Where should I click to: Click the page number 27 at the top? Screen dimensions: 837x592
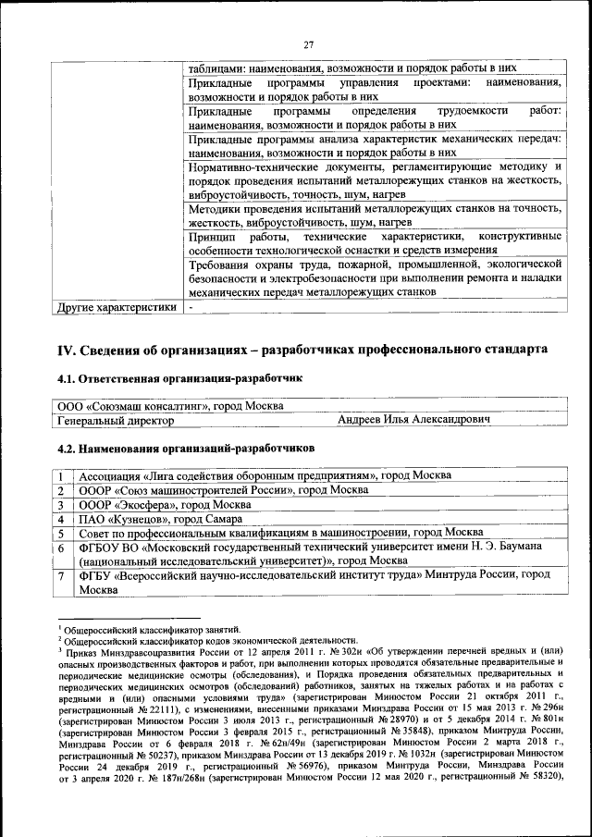tap(310, 43)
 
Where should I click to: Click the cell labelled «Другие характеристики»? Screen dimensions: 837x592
tap(116, 308)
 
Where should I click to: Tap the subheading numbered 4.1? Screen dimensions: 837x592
tap(179, 378)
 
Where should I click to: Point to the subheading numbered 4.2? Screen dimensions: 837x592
tap(186, 448)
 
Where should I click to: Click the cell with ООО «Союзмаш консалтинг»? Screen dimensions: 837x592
tap(171, 406)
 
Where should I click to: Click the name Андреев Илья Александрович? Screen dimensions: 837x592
tap(413, 420)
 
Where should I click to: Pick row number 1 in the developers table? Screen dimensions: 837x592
tap(61, 475)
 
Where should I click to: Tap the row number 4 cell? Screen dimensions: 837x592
tap(61, 519)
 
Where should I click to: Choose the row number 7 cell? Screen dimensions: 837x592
tap(61, 575)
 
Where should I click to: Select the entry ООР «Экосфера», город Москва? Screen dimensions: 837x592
tap(159, 505)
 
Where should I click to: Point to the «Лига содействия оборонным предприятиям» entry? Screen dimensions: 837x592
tap(265, 475)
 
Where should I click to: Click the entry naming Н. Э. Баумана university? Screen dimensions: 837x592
tap(310, 554)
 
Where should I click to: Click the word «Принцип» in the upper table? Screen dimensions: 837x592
tap(210, 237)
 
